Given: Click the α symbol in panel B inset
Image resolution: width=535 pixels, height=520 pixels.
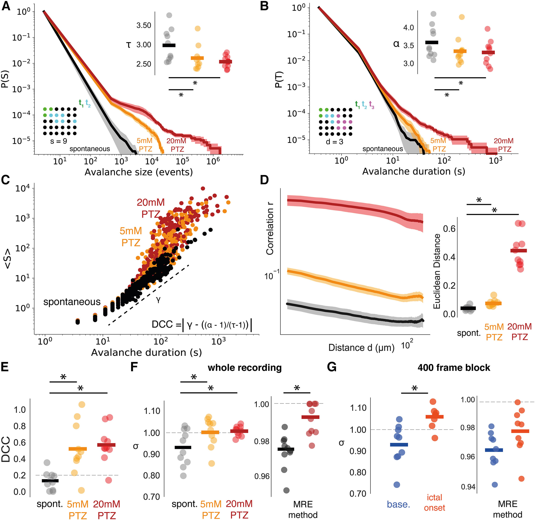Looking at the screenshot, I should (396, 44).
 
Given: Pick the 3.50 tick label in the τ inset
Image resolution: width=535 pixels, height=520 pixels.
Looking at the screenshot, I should (144, 25).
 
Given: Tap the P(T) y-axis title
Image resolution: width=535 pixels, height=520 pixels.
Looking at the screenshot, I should (279, 79).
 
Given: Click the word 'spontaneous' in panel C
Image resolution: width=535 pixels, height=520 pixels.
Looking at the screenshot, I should (72, 302).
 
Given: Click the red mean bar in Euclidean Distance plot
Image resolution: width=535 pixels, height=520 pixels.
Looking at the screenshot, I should (519, 250).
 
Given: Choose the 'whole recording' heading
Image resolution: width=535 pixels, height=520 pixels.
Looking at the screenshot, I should (245, 368).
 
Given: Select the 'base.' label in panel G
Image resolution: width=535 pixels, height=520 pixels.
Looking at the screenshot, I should (398, 504).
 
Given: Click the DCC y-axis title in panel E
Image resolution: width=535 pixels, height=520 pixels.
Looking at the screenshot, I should (6, 449).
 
